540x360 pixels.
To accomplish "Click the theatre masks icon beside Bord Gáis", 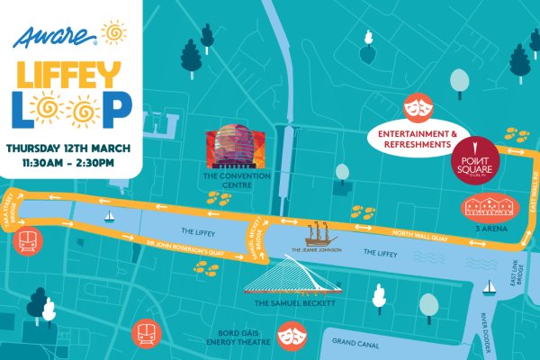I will [x=290, y=335].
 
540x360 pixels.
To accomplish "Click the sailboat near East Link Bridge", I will [x=490, y=287].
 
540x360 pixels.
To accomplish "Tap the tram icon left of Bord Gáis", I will [x=144, y=335].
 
